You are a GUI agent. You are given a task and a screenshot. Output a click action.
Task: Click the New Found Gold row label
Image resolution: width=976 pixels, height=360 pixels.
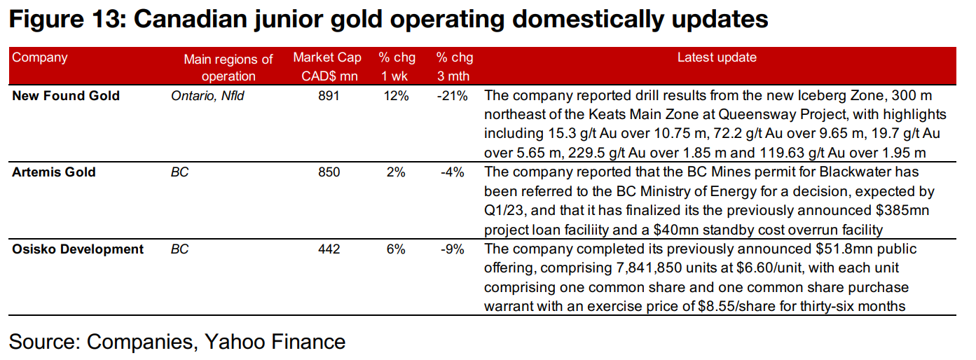click(66, 96)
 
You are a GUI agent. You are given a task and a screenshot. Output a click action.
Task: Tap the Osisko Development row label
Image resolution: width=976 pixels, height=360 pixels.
click(78, 249)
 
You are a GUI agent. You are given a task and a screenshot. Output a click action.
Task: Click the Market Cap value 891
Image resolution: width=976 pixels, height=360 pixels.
click(328, 96)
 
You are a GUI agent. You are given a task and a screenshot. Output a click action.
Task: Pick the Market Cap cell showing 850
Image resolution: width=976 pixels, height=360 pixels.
click(328, 172)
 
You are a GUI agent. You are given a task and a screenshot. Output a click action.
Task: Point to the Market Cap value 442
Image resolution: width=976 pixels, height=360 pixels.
click(328, 249)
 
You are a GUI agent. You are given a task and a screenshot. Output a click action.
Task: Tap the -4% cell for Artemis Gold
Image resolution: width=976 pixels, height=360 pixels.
click(454, 172)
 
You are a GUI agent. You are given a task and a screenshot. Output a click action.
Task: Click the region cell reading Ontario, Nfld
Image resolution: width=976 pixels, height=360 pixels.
click(207, 96)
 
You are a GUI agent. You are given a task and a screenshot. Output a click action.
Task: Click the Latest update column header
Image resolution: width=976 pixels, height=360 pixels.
click(716, 58)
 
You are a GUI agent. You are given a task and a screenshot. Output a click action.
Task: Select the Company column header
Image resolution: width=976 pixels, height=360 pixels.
click(40, 58)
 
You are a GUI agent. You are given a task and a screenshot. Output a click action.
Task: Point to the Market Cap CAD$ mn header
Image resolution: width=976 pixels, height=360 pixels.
click(328, 67)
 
